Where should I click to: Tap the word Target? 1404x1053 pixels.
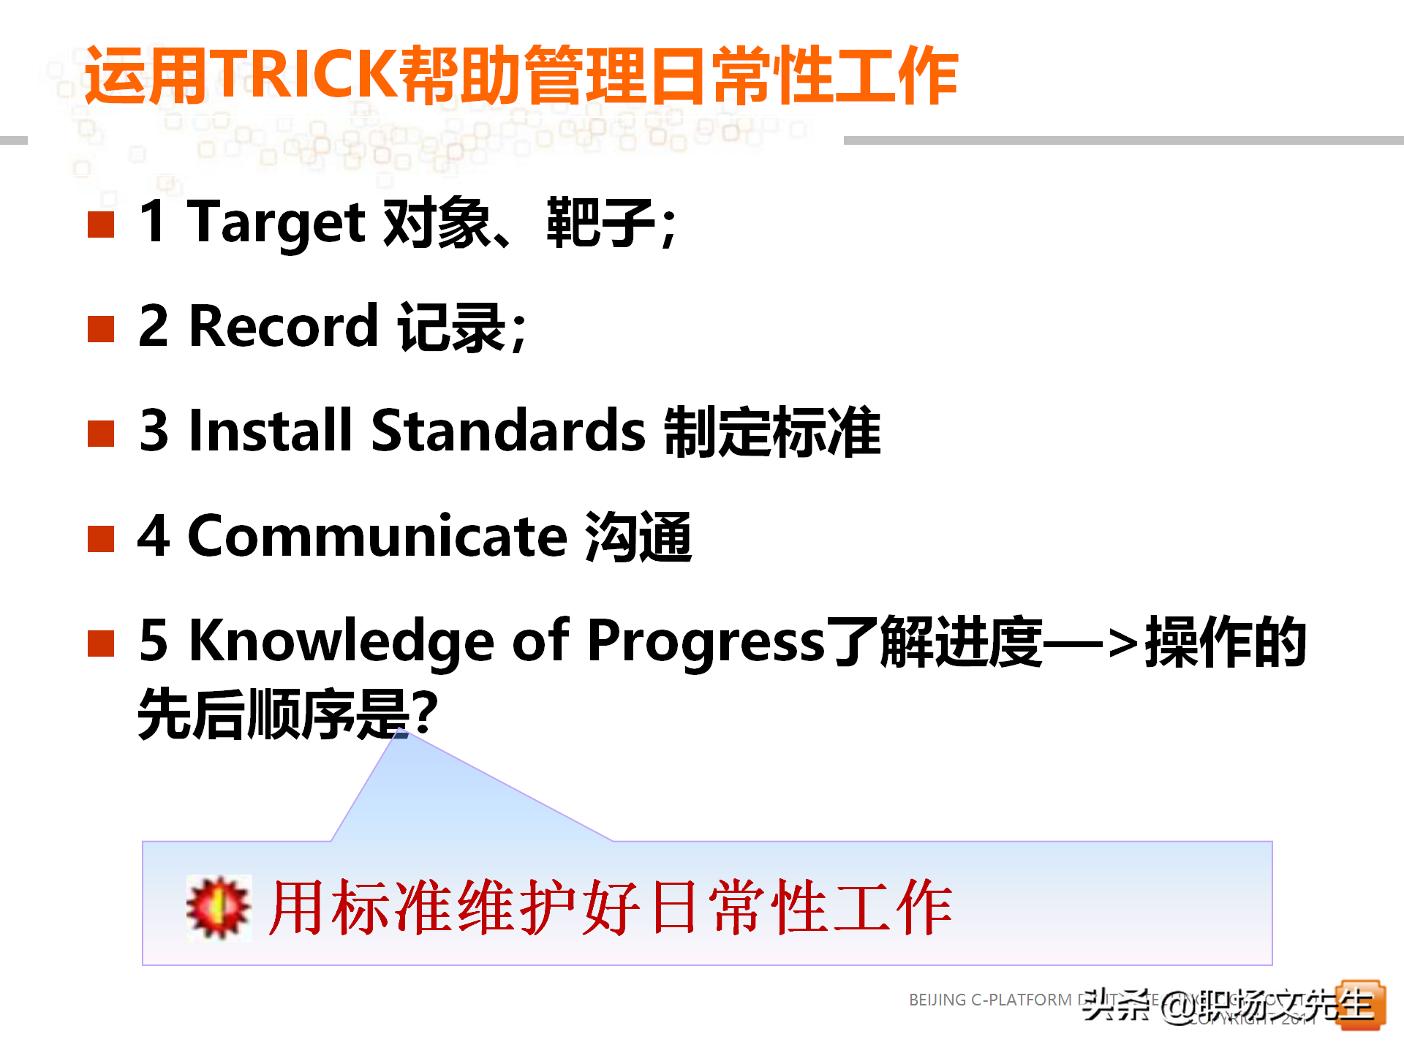point(276,222)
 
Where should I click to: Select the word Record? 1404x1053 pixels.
point(283,326)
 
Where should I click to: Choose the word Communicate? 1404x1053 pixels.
point(377,536)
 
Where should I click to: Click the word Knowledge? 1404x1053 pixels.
point(341,641)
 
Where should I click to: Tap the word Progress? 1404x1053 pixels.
point(706,641)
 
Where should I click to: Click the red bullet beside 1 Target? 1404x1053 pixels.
point(101,224)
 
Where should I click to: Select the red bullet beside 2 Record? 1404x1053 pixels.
point(101,329)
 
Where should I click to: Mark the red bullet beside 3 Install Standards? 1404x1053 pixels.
point(101,434)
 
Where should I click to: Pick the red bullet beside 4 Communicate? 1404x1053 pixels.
point(101,539)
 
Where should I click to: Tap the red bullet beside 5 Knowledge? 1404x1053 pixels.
point(101,644)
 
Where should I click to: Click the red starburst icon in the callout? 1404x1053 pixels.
point(218,907)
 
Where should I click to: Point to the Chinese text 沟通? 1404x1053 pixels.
point(638,537)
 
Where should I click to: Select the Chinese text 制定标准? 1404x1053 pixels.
point(772,431)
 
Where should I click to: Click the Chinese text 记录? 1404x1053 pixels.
point(451,327)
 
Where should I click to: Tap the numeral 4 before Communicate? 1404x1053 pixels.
point(154,536)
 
